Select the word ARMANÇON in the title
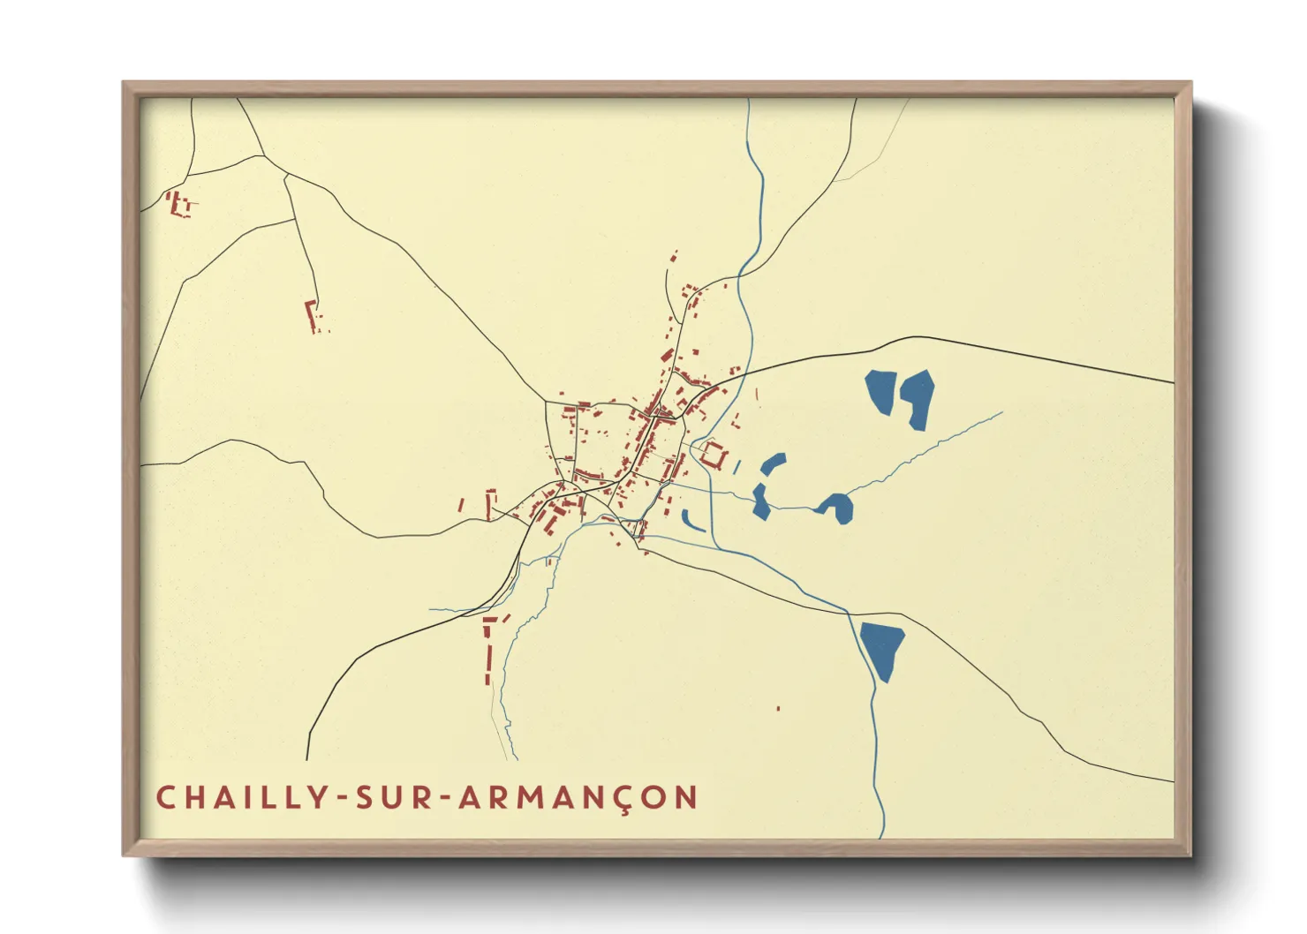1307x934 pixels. click(x=579, y=798)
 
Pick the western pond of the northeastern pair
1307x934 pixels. click(x=881, y=391)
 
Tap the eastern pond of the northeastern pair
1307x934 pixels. click(x=917, y=396)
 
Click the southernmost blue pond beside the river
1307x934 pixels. click(x=883, y=648)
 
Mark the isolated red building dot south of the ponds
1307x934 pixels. click(x=778, y=708)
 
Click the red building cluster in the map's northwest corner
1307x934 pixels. click(x=179, y=205)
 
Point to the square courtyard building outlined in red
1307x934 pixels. click(x=714, y=456)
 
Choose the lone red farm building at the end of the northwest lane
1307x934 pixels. click(x=312, y=315)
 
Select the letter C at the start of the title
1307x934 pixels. click(x=165, y=798)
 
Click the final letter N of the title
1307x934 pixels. click(x=687, y=798)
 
